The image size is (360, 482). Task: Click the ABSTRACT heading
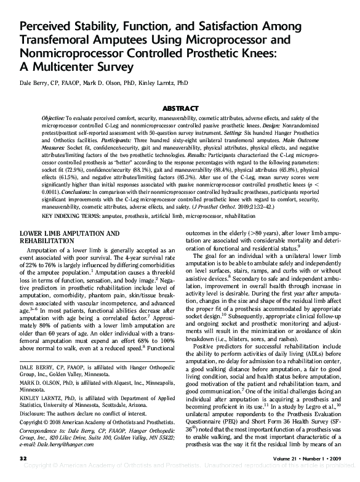tap(180, 107)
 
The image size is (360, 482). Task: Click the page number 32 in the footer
tap(23, 459)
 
